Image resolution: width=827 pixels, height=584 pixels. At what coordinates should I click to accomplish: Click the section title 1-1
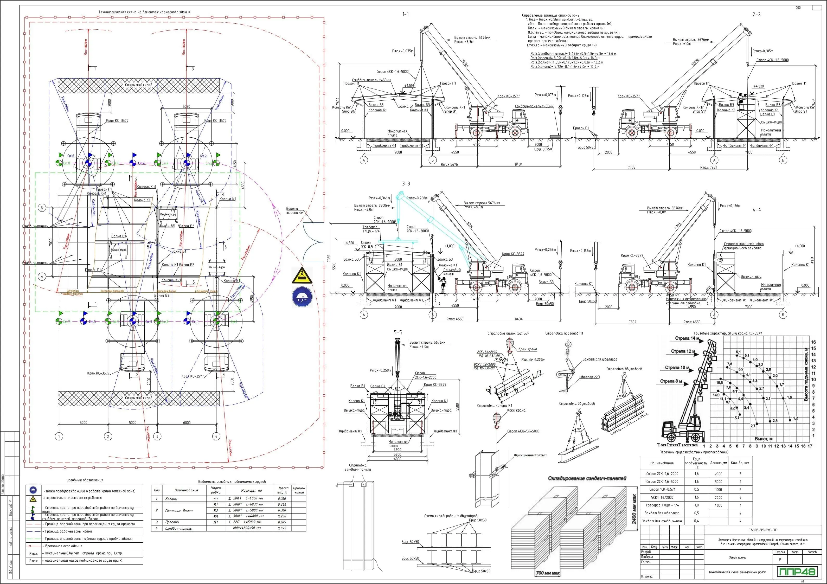coord(406,14)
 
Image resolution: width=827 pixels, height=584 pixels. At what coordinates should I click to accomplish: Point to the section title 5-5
coord(398,332)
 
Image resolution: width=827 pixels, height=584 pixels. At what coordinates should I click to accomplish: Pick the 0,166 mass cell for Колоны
coord(282,499)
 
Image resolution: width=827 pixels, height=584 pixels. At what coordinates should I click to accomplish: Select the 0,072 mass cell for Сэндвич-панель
coord(282,528)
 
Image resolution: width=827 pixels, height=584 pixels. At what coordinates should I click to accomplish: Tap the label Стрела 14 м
coord(687,338)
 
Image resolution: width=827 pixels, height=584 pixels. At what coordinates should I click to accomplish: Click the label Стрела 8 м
coord(671,381)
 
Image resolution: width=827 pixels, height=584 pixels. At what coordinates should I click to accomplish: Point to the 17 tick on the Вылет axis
coord(810,446)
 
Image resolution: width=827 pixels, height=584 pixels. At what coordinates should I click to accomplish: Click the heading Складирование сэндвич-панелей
coord(587,478)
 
